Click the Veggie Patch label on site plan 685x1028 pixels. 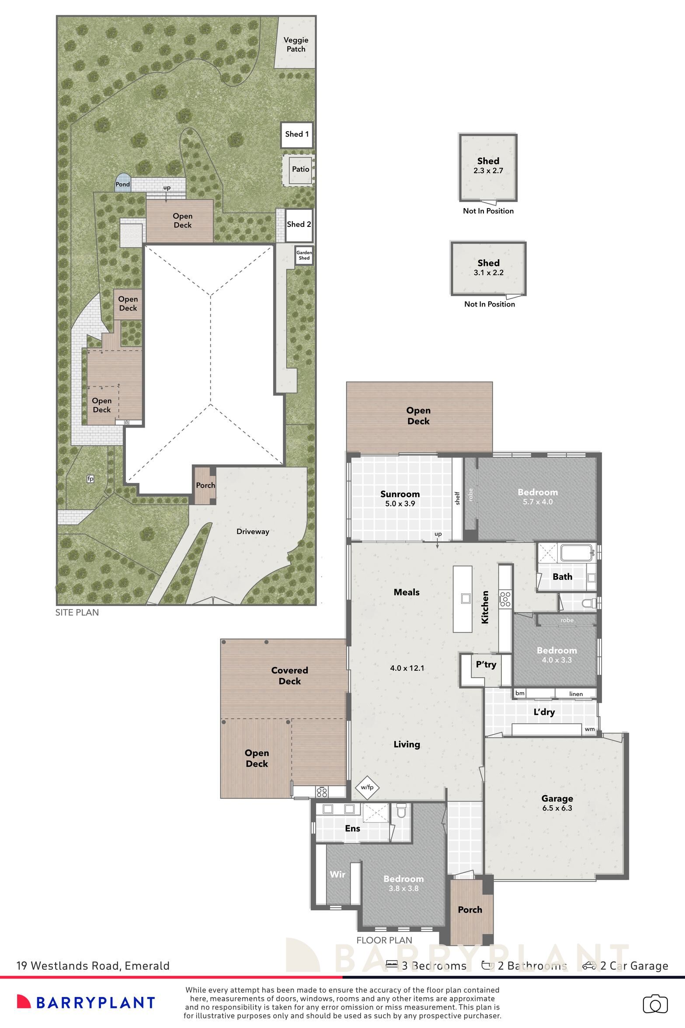pos(296,44)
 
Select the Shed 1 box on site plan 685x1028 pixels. pos(297,134)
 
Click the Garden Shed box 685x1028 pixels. pos(304,255)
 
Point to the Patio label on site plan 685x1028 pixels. pos(300,169)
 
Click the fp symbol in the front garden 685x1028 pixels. pos(90,479)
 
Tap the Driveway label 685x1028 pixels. pos(253,532)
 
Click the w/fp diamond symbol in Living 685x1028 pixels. pos(367,788)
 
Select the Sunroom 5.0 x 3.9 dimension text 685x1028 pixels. pos(400,503)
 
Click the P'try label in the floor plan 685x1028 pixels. pos(486,665)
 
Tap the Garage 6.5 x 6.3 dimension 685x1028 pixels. pos(557,808)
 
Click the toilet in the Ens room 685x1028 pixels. pos(400,811)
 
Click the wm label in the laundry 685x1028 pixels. pos(589,729)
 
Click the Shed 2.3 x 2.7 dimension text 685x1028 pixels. pos(488,171)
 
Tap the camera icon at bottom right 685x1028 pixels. pos(655,1004)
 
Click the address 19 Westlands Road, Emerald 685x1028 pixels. pos(93,965)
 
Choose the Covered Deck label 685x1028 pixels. pos(289,676)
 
